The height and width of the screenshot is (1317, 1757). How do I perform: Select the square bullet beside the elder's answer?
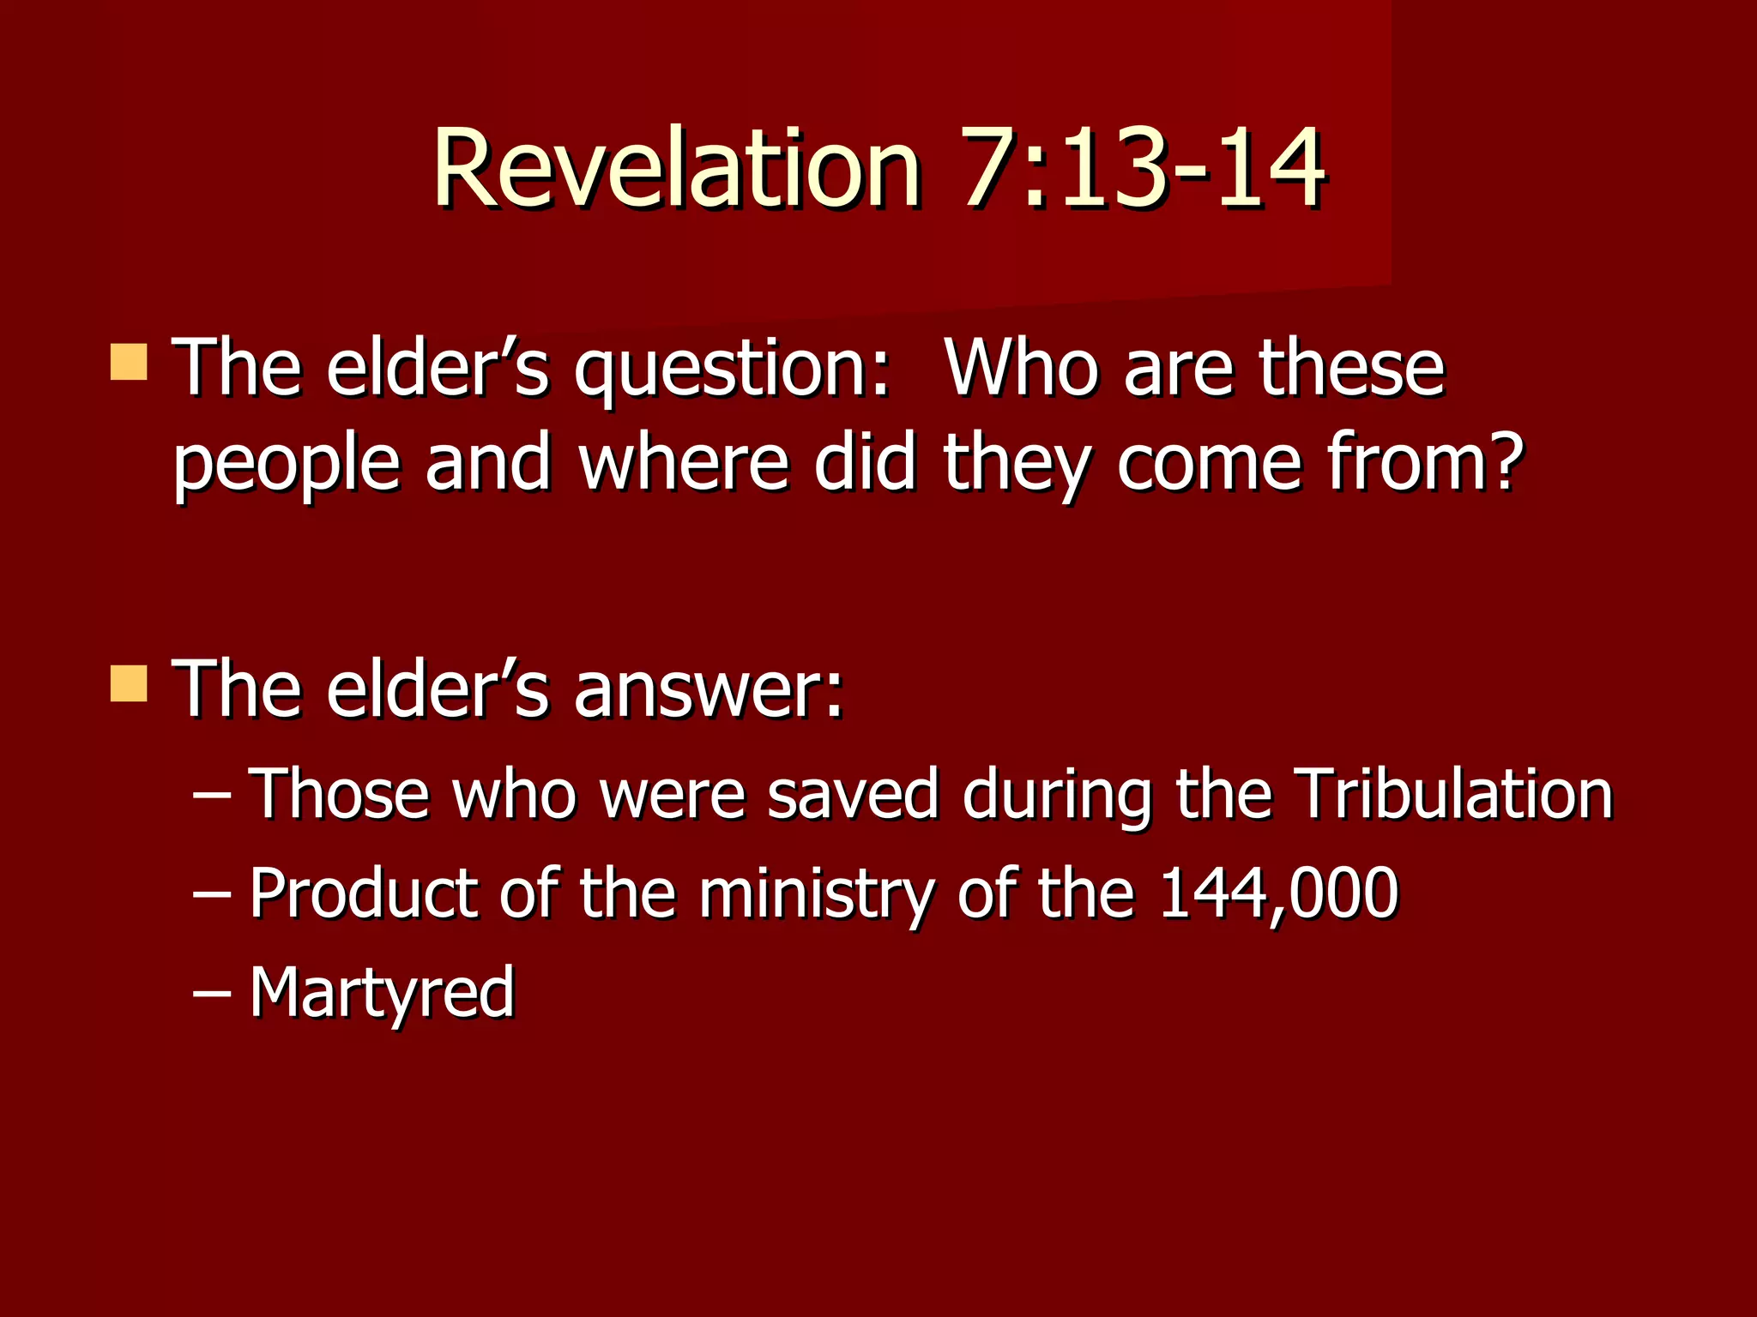click(129, 683)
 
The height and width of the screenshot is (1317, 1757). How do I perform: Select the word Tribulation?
click(1453, 794)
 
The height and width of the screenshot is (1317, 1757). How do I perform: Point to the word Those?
click(339, 794)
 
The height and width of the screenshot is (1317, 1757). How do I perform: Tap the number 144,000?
click(1278, 893)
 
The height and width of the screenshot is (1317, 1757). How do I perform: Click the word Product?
click(362, 893)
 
